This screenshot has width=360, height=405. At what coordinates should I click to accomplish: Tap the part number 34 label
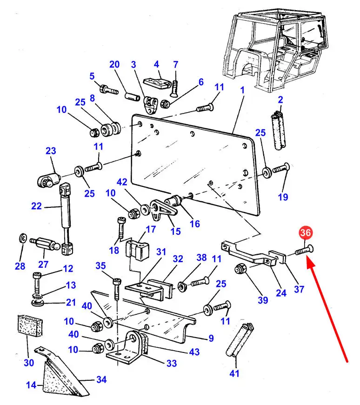click(x=101, y=380)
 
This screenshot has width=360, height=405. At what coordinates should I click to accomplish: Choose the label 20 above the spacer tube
click(x=114, y=65)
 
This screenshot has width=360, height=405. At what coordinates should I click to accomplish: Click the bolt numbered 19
click(x=280, y=170)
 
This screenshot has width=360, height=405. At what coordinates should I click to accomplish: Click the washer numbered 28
click(x=22, y=239)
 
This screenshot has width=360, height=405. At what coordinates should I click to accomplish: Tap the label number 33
click(x=172, y=363)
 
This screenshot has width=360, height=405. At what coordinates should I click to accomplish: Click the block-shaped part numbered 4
click(x=157, y=82)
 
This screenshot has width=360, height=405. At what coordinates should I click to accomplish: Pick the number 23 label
click(x=51, y=151)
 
